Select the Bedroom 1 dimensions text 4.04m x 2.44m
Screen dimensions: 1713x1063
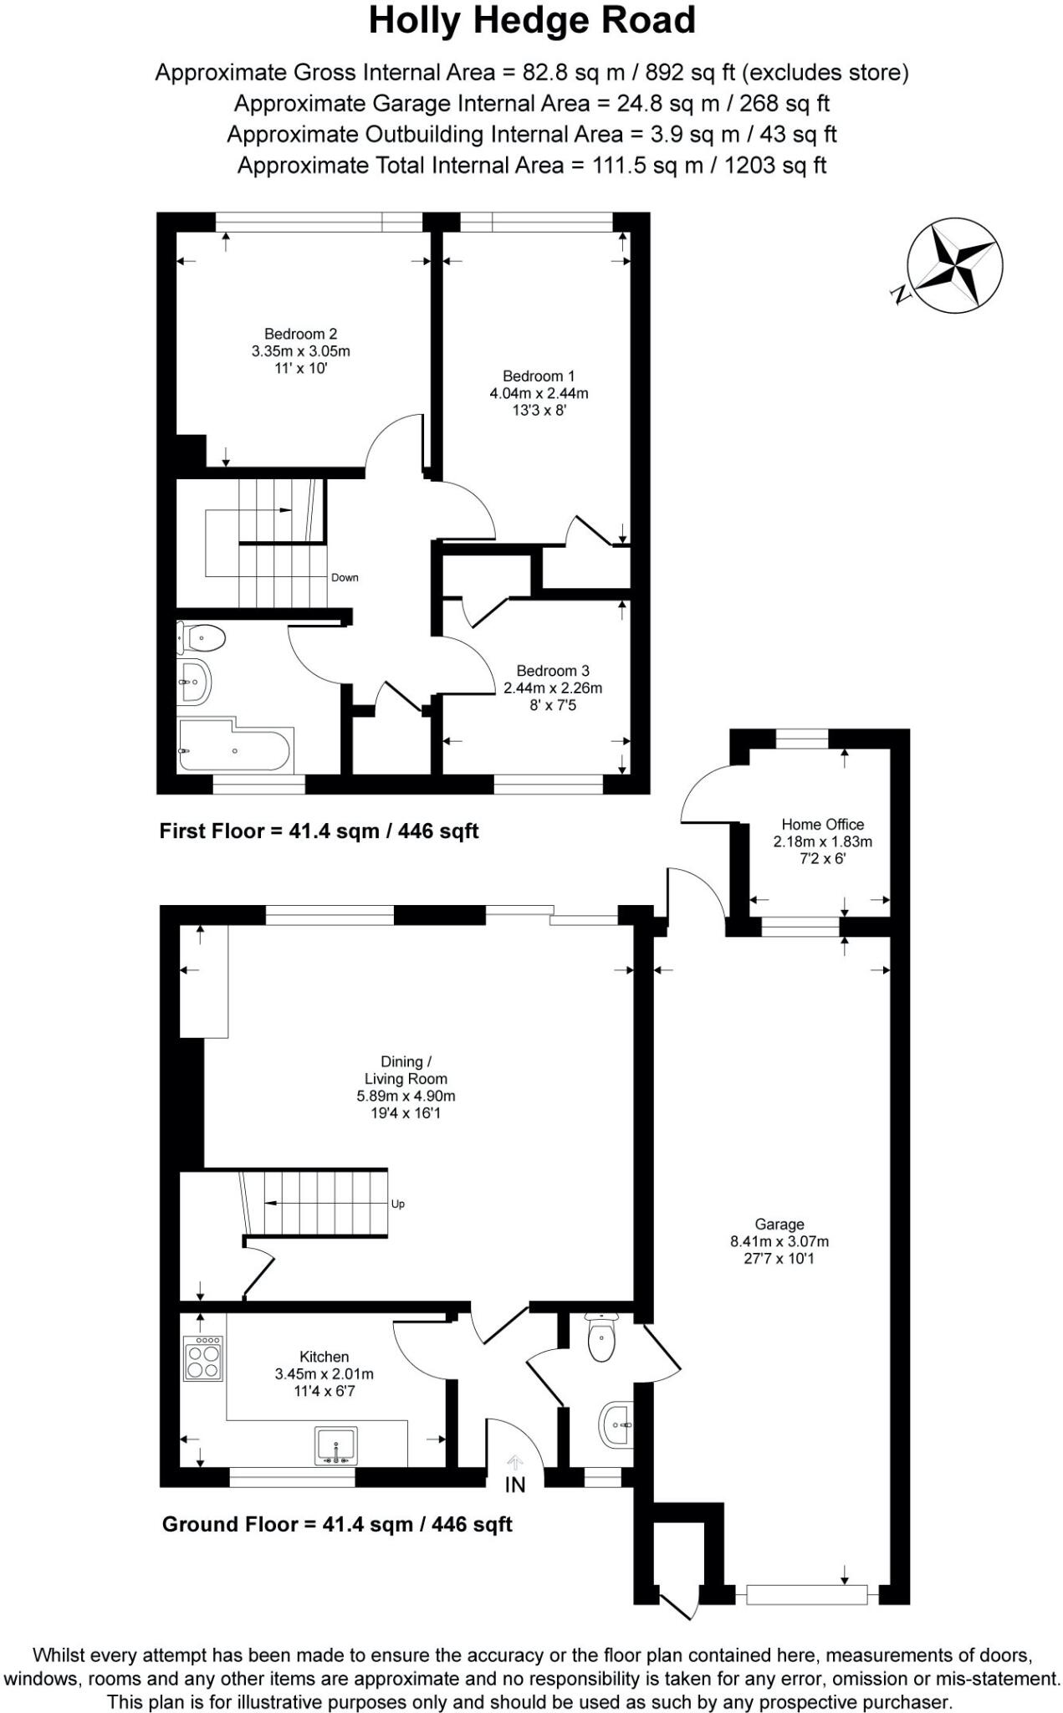point(539,393)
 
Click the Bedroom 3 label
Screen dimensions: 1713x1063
point(552,671)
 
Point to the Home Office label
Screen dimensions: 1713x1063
point(822,825)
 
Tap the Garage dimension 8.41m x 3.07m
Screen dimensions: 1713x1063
point(779,1241)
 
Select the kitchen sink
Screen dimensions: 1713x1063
point(336,1445)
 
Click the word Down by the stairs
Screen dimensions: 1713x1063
point(345,578)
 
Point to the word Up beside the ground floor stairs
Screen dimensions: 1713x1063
point(398,1204)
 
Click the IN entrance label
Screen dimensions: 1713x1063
point(515,1485)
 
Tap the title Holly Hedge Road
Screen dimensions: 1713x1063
point(532,21)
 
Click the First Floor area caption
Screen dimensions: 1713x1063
point(319,831)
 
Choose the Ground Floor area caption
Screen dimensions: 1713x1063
point(336,1524)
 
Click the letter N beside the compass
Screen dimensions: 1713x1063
point(900,294)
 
